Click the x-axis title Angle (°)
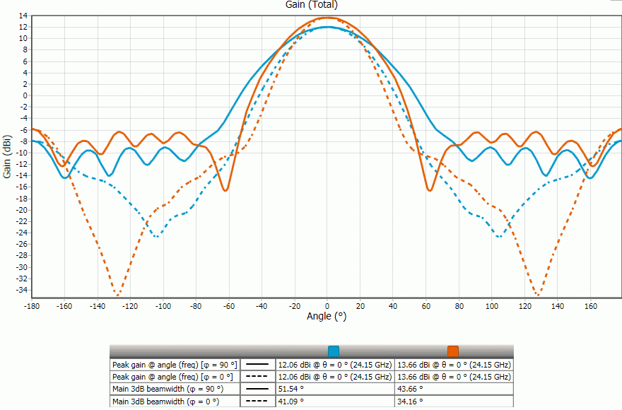(327, 316)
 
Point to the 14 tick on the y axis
(23, 16)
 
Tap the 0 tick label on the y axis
(25, 95)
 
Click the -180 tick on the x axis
(31, 307)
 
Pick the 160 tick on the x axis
(590, 307)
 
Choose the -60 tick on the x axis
(228, 307)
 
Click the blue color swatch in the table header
(334, 351)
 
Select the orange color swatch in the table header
(453, 351)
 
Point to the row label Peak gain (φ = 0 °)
(174, 377)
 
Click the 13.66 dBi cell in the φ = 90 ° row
(454, 364)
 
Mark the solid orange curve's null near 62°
(429, 190)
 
